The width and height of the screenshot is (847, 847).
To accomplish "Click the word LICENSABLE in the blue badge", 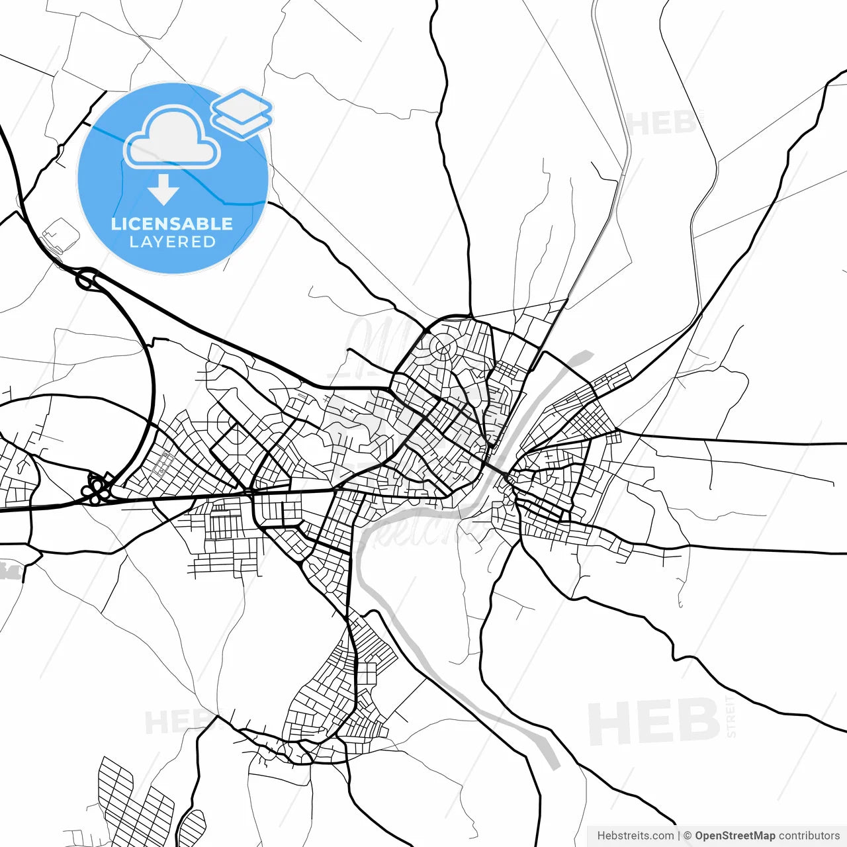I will (x=172, y=224).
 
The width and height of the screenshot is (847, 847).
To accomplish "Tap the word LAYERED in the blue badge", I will (x=172, y=242).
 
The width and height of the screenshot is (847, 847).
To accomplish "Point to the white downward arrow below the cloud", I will (x=163, y=191).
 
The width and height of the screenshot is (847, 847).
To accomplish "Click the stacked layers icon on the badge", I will (x=242, y=112).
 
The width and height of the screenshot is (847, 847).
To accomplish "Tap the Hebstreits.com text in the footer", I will (x=635, y=836).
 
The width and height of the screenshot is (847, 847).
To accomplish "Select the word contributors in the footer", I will (x=809, y=836).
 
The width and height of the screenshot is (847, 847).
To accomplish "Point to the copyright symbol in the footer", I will (x=688, y=836).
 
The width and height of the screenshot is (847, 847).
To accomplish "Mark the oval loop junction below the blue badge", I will (x=87, y=280).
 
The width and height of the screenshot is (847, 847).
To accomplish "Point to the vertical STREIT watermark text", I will (x=731, y=716).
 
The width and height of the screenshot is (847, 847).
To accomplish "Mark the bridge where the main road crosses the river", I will (x=506, y=475).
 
